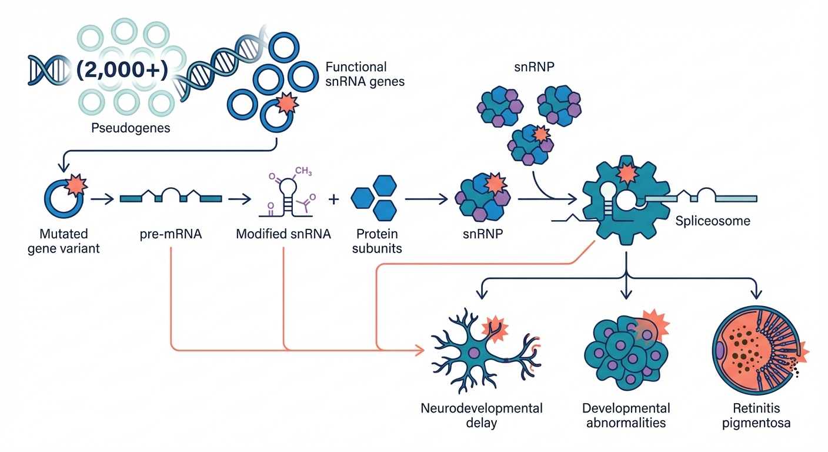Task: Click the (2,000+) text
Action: (122, 69)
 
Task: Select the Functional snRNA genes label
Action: (365, 74)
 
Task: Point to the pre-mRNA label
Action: (171, 234)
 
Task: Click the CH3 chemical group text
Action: (303, 171)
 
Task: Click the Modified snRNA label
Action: (283, 234)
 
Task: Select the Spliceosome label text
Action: (713, 222)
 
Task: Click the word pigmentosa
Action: (757, 423)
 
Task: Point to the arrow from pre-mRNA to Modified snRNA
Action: (239, 200)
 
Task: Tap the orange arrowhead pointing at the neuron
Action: (419, 351)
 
